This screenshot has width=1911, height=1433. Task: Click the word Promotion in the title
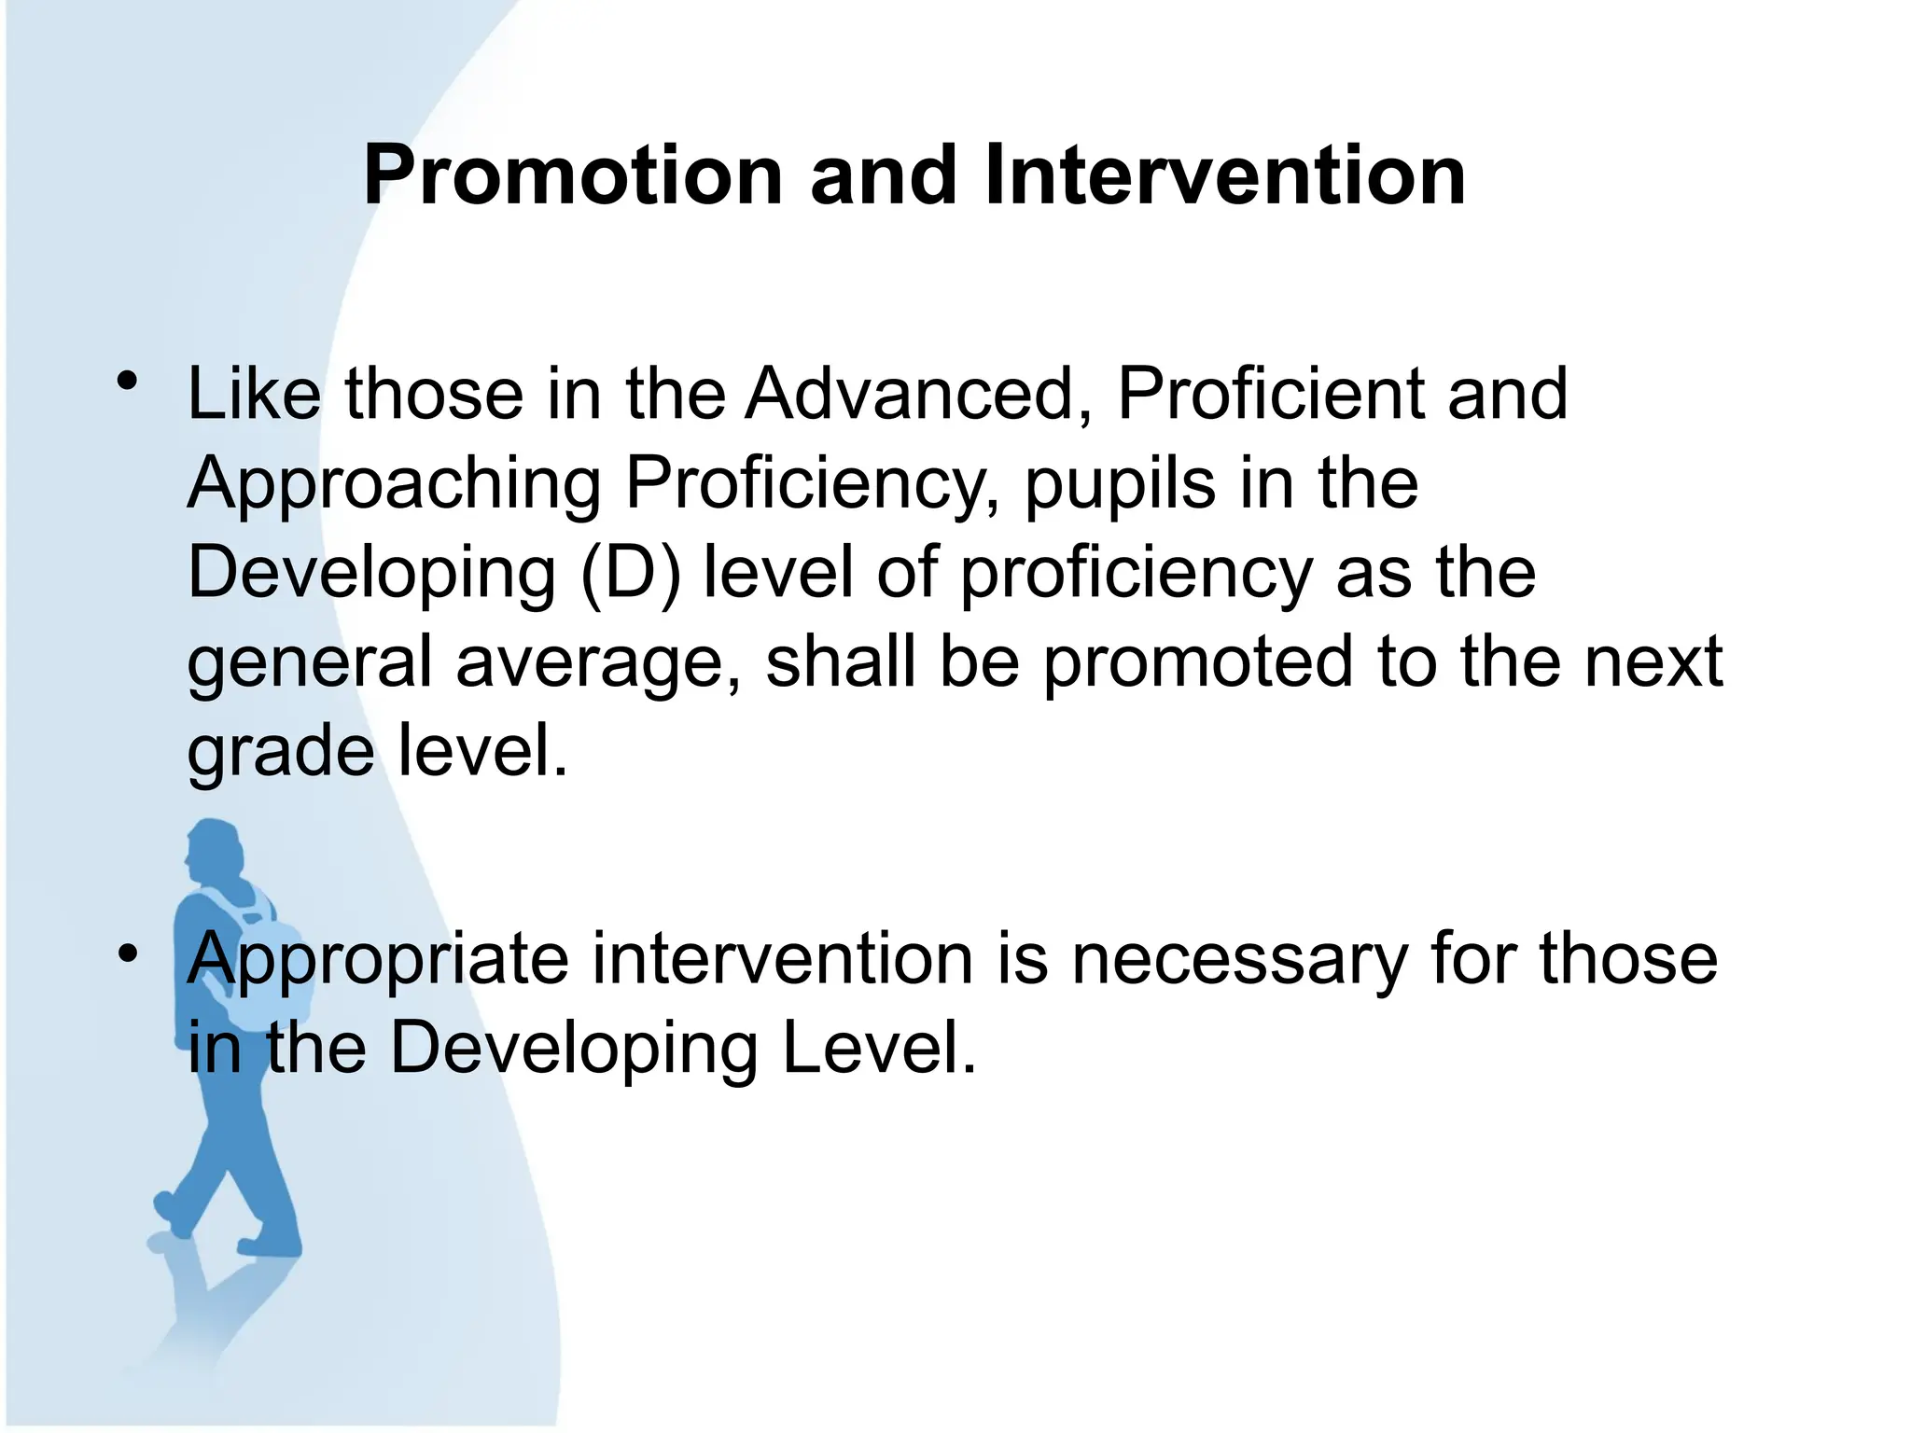(x=573, y=176)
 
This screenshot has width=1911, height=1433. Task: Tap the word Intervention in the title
(x=1224, y=176)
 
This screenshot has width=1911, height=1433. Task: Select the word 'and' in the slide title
(x=884, y=176)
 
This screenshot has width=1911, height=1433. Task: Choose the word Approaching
(x=394, y=486)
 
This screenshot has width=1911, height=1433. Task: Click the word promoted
(x=1197, y=661)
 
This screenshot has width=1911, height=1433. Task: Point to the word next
(x=1653, y=661)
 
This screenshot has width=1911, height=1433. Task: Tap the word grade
(x=280, y=753)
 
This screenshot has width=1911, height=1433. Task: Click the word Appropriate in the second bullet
(x=378, y=961)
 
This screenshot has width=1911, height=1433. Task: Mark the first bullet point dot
(x=128, y=382)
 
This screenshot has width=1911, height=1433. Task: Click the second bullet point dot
(x=128, y=953)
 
